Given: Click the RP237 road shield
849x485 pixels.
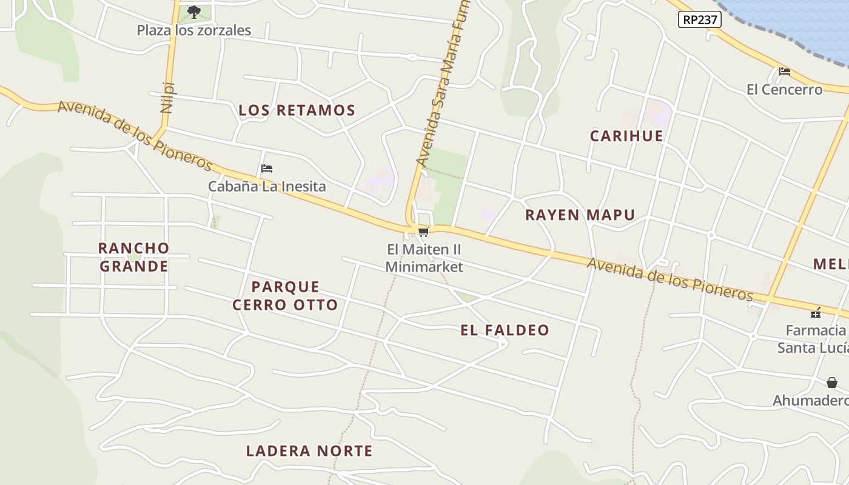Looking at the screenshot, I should pos(699,20).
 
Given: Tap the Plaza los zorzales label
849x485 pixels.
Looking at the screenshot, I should pos(193,30).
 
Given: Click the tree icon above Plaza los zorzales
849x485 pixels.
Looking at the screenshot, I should pos(193,11).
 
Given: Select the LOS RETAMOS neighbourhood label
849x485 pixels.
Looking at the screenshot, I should pos(297,110).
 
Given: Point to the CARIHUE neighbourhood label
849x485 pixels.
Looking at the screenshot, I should pos(626,136).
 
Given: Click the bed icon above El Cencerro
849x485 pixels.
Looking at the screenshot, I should pos(784,72).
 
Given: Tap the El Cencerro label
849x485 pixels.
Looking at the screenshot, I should pos(784,90).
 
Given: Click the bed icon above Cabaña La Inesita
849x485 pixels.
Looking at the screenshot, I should pos(267,168).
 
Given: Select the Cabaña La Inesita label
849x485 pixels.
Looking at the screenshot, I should pos(267,186).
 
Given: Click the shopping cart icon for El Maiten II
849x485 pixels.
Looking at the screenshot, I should pos(423,232).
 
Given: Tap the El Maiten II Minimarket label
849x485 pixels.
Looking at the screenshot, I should pos(424,258).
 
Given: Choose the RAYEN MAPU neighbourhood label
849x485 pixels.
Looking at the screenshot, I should pos(580,215).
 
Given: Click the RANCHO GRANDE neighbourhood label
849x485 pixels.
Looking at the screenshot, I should pos(133,257).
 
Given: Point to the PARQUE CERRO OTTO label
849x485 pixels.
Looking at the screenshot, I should pos(285,295).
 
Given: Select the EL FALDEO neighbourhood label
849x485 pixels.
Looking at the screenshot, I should pos(505,330).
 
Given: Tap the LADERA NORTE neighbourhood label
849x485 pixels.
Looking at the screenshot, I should pos(309,451).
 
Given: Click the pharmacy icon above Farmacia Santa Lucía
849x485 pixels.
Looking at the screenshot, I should pos(816,313).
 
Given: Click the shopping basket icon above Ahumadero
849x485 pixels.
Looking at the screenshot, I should pos(832,383).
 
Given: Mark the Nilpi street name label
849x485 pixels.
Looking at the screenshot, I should pos(167,97).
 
